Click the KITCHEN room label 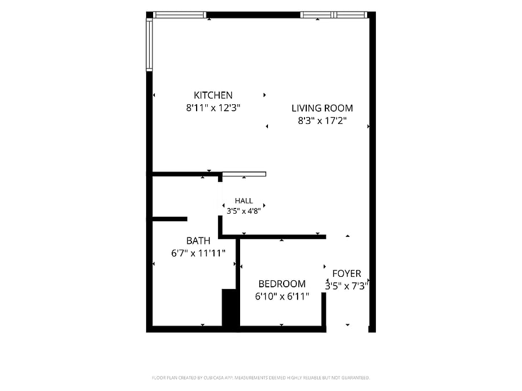(x=213, y=96)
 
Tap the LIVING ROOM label (x=322, y=108)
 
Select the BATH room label (x=198, y=241)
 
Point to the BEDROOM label (x=282, y=284)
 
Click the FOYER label (x=347, y=273)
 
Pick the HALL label (x=244, y=201)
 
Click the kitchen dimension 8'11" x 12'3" (x=213, y=108)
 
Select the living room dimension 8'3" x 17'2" (x=322, y=120)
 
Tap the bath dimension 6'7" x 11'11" (x=198, y=253)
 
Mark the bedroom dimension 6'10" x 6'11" (x=282, y=296)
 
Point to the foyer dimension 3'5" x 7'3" (x=347, y=286)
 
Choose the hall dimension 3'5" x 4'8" (x=244, y=211)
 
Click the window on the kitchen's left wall (x=149, y=45)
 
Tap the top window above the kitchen (x=180, y=15)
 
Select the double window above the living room (x=334, y=15)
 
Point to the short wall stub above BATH (x=170, y=219)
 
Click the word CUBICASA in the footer (x=213, y=378)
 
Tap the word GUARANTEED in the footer (x=356, y=378)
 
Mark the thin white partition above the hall (x=244, y=174)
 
